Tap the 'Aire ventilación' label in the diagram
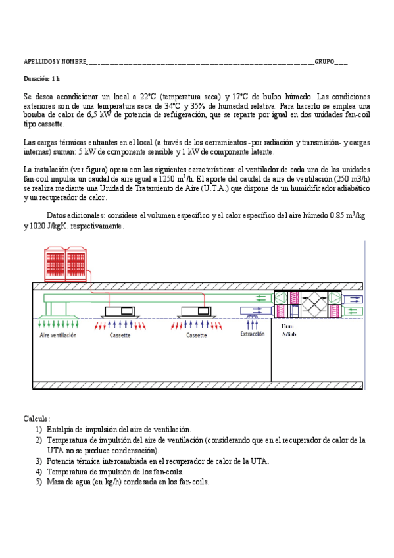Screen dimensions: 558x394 59,335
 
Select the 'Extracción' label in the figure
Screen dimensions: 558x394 253,334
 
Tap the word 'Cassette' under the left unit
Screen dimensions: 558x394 120,335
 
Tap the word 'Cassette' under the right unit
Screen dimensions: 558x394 197,335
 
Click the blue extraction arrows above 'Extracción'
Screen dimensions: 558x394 252,323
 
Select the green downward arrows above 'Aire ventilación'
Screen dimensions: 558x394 59,324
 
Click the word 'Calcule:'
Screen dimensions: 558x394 37,419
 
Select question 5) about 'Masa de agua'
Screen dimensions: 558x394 128,482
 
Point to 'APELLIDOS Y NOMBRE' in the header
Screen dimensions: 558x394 55,61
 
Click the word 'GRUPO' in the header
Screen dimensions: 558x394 324,61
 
